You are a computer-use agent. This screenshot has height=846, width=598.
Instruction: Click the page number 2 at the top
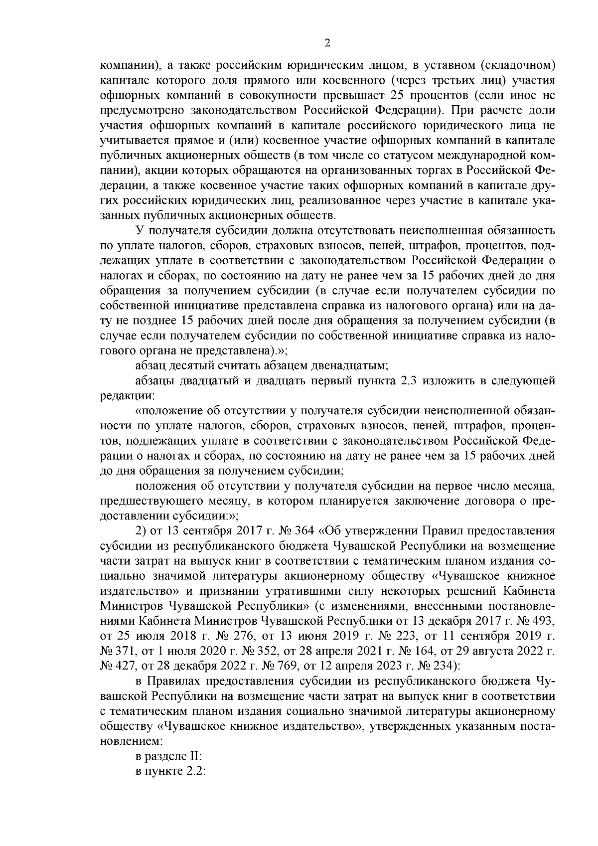327,43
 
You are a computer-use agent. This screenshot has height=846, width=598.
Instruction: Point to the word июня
339,636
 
